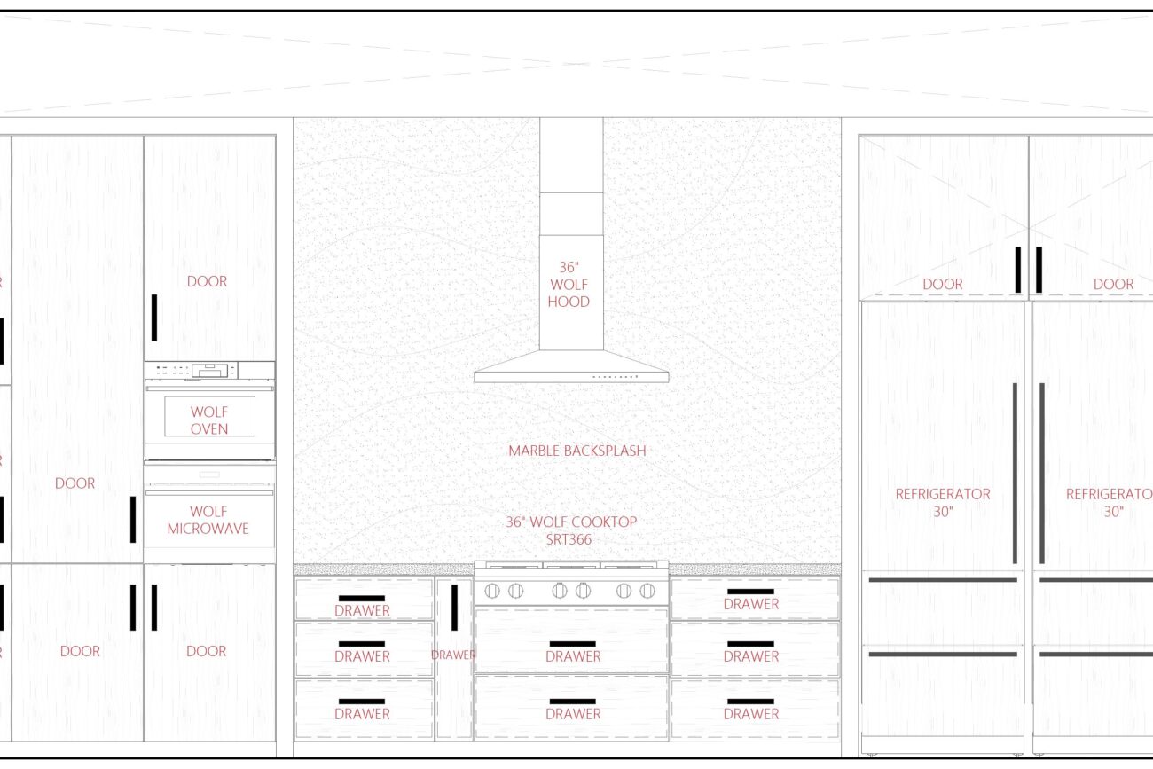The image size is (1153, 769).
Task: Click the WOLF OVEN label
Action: coord(209,420)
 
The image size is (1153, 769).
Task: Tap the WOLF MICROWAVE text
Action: coord(208,520)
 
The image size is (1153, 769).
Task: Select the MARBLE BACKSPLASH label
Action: coord(577,451)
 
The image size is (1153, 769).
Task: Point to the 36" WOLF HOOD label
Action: coord(569,284)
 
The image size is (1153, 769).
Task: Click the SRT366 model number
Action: coord(569,539)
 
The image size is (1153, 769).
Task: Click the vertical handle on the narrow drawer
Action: coord(454,608)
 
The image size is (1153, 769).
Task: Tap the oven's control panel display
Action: coord(210,370)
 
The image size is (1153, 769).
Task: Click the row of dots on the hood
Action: coord(616,377)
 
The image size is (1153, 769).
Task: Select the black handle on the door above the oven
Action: coord(154,318)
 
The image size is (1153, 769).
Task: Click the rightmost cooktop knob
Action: coord(647,591)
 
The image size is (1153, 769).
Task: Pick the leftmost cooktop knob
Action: coord(492,591)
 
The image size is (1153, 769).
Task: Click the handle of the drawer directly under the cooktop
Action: coord(572,644)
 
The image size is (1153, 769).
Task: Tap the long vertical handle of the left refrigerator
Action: coord(1015,473)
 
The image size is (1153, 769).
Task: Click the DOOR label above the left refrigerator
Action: coord(943,284)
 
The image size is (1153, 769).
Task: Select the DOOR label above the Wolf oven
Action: coord(207,281)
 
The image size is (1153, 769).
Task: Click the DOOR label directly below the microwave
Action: coord(207,651)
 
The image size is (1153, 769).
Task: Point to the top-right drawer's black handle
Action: coord(750,592)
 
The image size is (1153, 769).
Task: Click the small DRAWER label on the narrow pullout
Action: coord(453,655)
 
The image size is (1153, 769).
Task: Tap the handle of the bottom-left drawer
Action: coord(362,702)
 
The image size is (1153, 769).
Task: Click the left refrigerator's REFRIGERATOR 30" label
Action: coord(943,503)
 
